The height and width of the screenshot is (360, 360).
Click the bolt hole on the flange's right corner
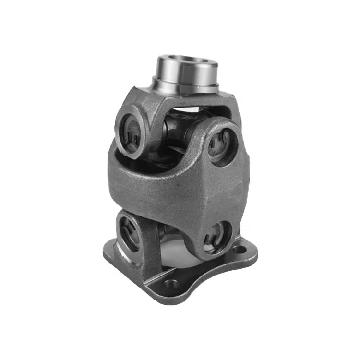click(239, 250)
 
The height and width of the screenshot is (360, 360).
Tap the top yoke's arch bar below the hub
click(192, 103)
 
